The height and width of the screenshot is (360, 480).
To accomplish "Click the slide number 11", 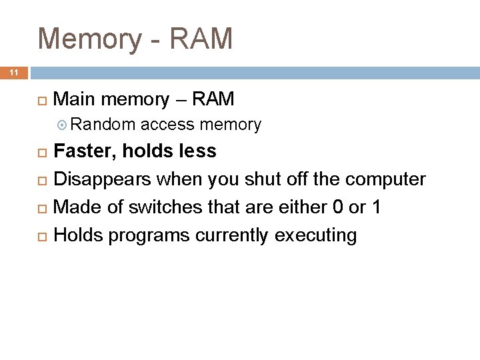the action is coord(13,71).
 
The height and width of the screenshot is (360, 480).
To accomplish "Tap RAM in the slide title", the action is coord(201,39).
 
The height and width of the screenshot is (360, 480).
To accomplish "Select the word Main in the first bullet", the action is coord(71,100).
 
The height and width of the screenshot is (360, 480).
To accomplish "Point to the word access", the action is coord(167,125).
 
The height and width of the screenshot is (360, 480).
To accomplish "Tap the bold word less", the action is coord(198,151).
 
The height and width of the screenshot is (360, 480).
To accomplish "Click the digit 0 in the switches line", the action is coord(337,207).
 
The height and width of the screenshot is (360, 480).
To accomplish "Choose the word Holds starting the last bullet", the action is coord(78,235).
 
